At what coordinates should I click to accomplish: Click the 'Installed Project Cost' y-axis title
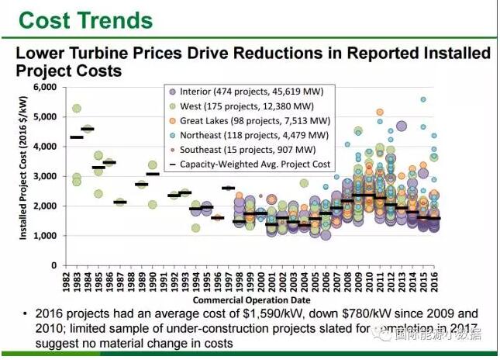[23, 175]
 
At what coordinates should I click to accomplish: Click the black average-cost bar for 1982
[77, 137]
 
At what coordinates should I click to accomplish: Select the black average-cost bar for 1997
[228, 188]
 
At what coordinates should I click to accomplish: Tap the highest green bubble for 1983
[77, 108]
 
